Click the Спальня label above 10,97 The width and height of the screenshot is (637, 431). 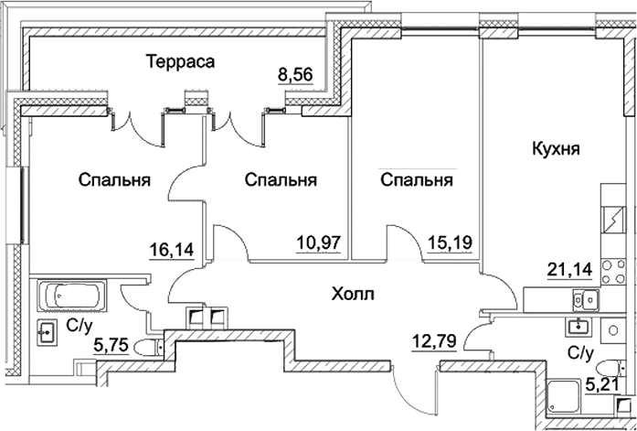click(281, 180)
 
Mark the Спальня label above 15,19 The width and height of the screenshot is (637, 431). click(417, 180)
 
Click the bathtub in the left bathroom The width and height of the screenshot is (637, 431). click(70, 296)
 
